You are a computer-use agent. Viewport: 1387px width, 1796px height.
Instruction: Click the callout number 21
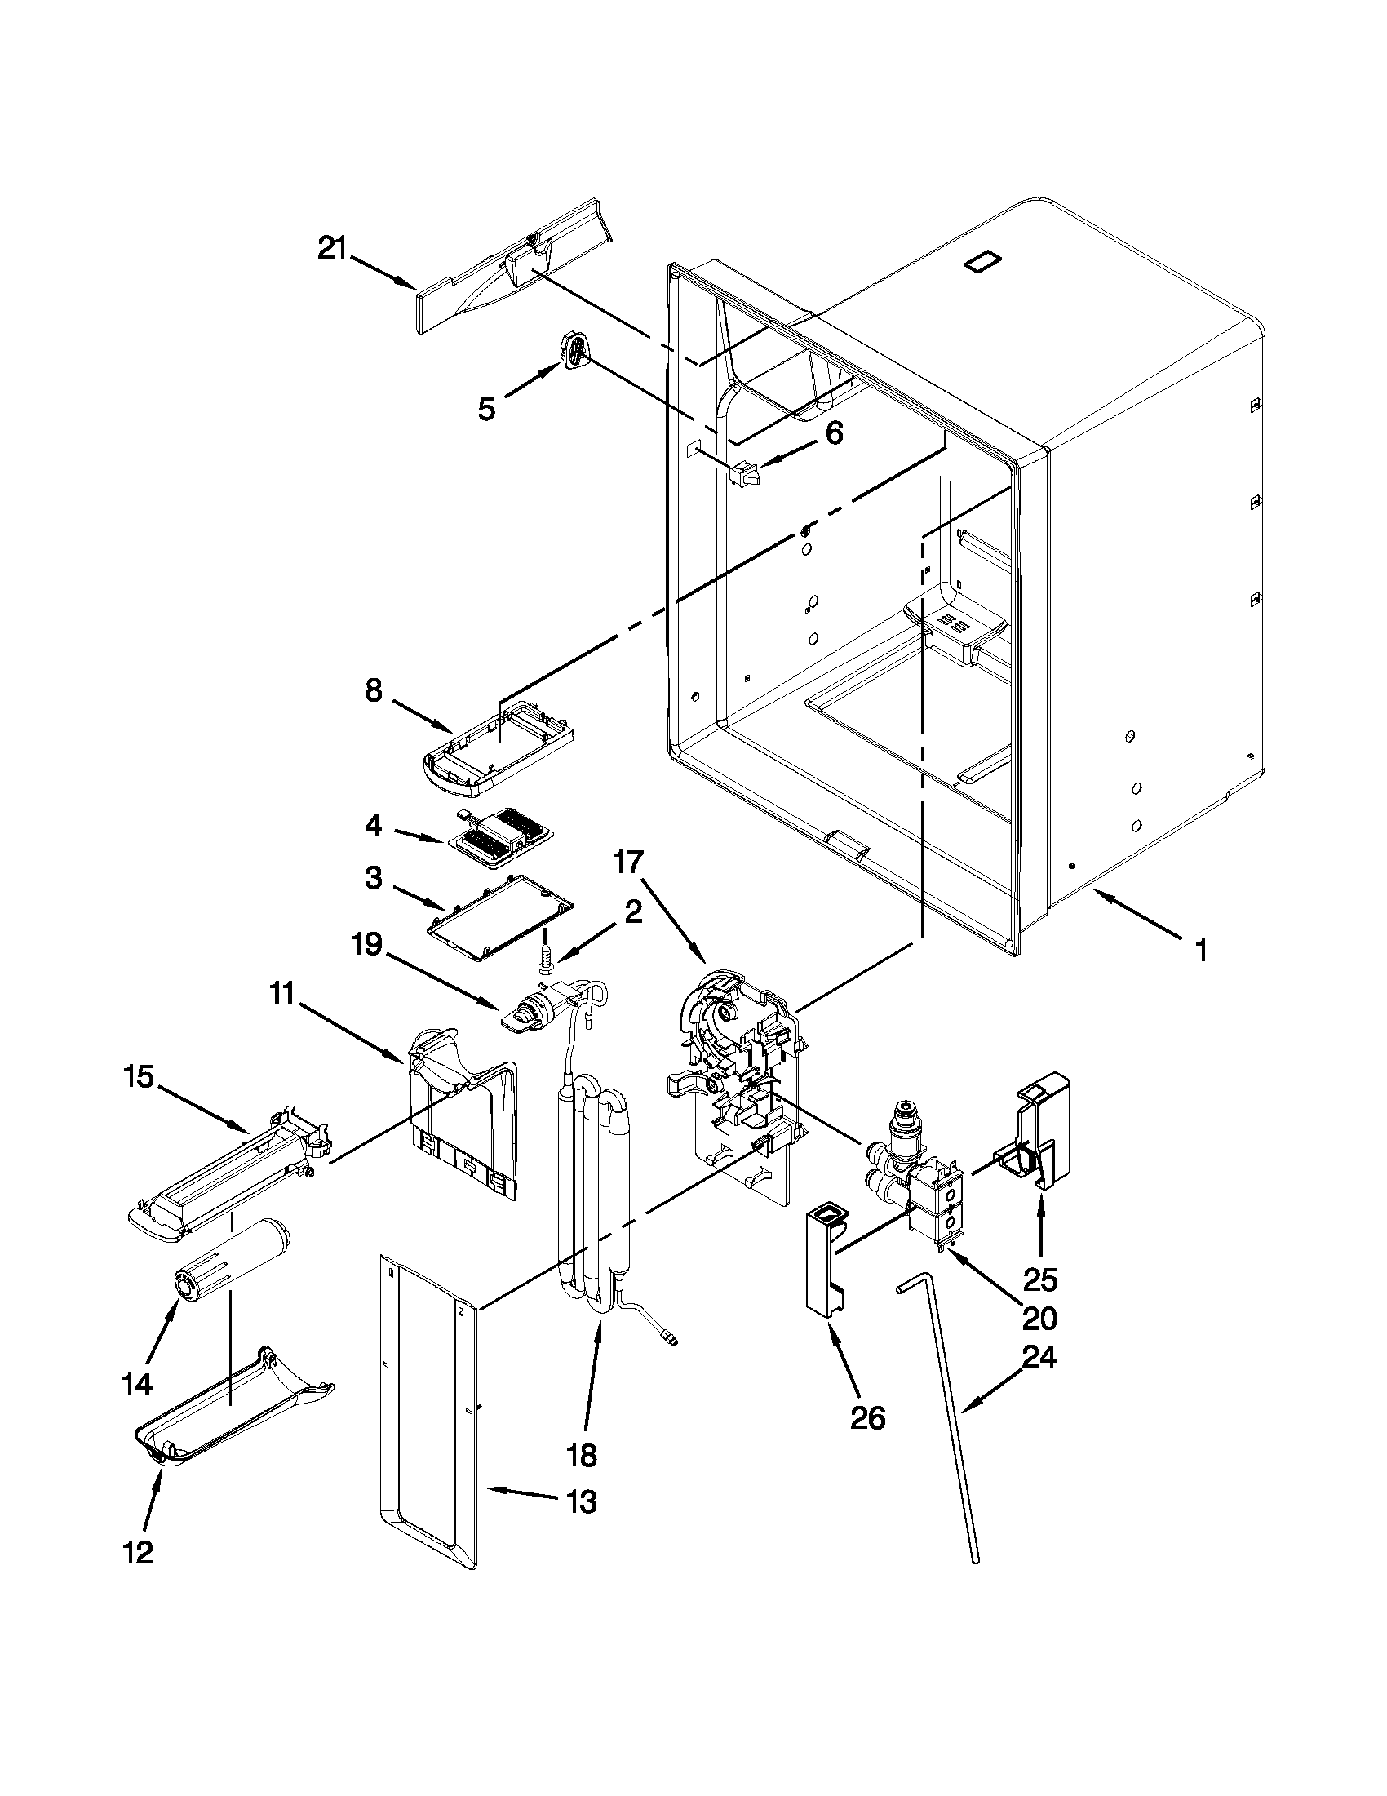[x=333, y=247]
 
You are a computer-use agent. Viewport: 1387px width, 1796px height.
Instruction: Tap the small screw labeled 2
[x=541, y=955]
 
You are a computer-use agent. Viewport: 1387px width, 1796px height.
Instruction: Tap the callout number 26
[x=868, y=1417]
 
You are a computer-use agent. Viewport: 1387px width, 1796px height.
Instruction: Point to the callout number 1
[x=1201, y=951]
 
